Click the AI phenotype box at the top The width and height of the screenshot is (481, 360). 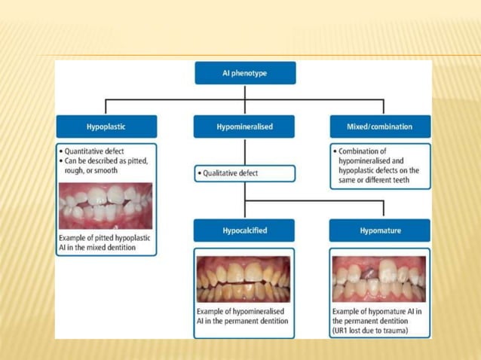(x=244, y=73)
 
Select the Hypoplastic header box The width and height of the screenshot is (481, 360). (x=106, y=127)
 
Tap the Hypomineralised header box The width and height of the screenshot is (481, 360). (x=244, y=127)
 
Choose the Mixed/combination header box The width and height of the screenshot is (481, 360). (x=381, y=127)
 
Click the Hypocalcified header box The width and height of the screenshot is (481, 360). (x=244, y=230)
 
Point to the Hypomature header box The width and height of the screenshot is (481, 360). (x=381, y=230)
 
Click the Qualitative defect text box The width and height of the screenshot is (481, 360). (x=244, y=173)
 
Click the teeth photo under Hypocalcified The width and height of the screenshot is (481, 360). (x=243, y=279)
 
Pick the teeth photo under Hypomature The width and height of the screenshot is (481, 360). (x=380, y=279)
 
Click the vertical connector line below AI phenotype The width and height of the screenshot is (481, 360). (x=244, y=91)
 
